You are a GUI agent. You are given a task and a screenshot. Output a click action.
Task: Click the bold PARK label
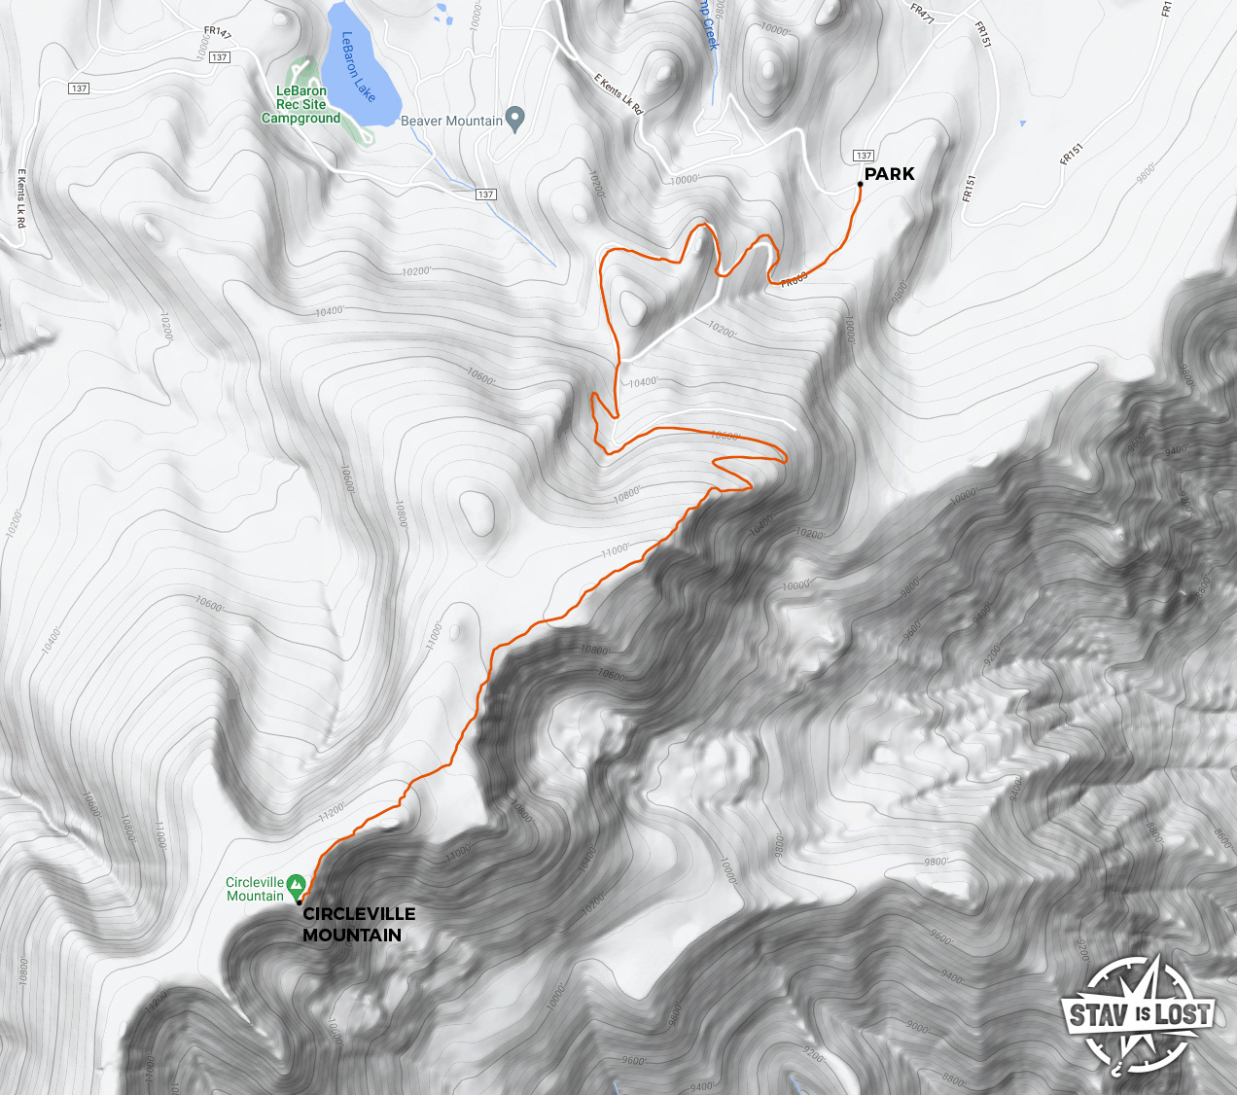(x=889, y=174)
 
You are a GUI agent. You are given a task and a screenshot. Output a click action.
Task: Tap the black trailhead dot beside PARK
(x=861, y=184)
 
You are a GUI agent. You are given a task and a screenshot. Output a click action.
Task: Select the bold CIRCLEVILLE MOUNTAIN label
(x=358, y=925)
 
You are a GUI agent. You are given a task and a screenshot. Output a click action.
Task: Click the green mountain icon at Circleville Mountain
(x=296, y=883)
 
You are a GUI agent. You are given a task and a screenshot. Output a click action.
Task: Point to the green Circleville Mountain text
(x=255, y=890)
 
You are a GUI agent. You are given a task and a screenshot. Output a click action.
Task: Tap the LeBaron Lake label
(x=357, y=66)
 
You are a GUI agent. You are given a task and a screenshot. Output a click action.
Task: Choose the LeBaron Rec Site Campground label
(x=301, y=105)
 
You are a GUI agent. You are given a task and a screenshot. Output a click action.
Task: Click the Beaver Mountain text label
(x=451, y=122)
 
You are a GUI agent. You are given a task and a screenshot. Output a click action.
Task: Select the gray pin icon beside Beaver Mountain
(x=515, y=120)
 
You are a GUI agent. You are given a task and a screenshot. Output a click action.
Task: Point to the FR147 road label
(x=217, y=34)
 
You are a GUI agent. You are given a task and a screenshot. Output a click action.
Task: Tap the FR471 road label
(x=922, y=14)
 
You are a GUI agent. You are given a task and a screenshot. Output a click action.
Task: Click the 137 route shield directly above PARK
(x=864, y=156)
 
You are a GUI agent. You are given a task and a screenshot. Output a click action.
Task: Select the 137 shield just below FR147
(x=220, y=57)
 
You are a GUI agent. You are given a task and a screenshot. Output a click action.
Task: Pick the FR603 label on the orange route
(x=794, y=280)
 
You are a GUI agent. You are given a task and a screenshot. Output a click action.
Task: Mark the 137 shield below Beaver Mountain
(x=486, y=194)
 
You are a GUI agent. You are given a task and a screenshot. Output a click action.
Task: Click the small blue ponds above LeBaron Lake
(x=443, y=14)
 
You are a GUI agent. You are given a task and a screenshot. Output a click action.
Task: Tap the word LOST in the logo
(x=1184, y=1014)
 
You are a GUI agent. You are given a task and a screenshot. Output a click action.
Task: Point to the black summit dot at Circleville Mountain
(x=299, y=902)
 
